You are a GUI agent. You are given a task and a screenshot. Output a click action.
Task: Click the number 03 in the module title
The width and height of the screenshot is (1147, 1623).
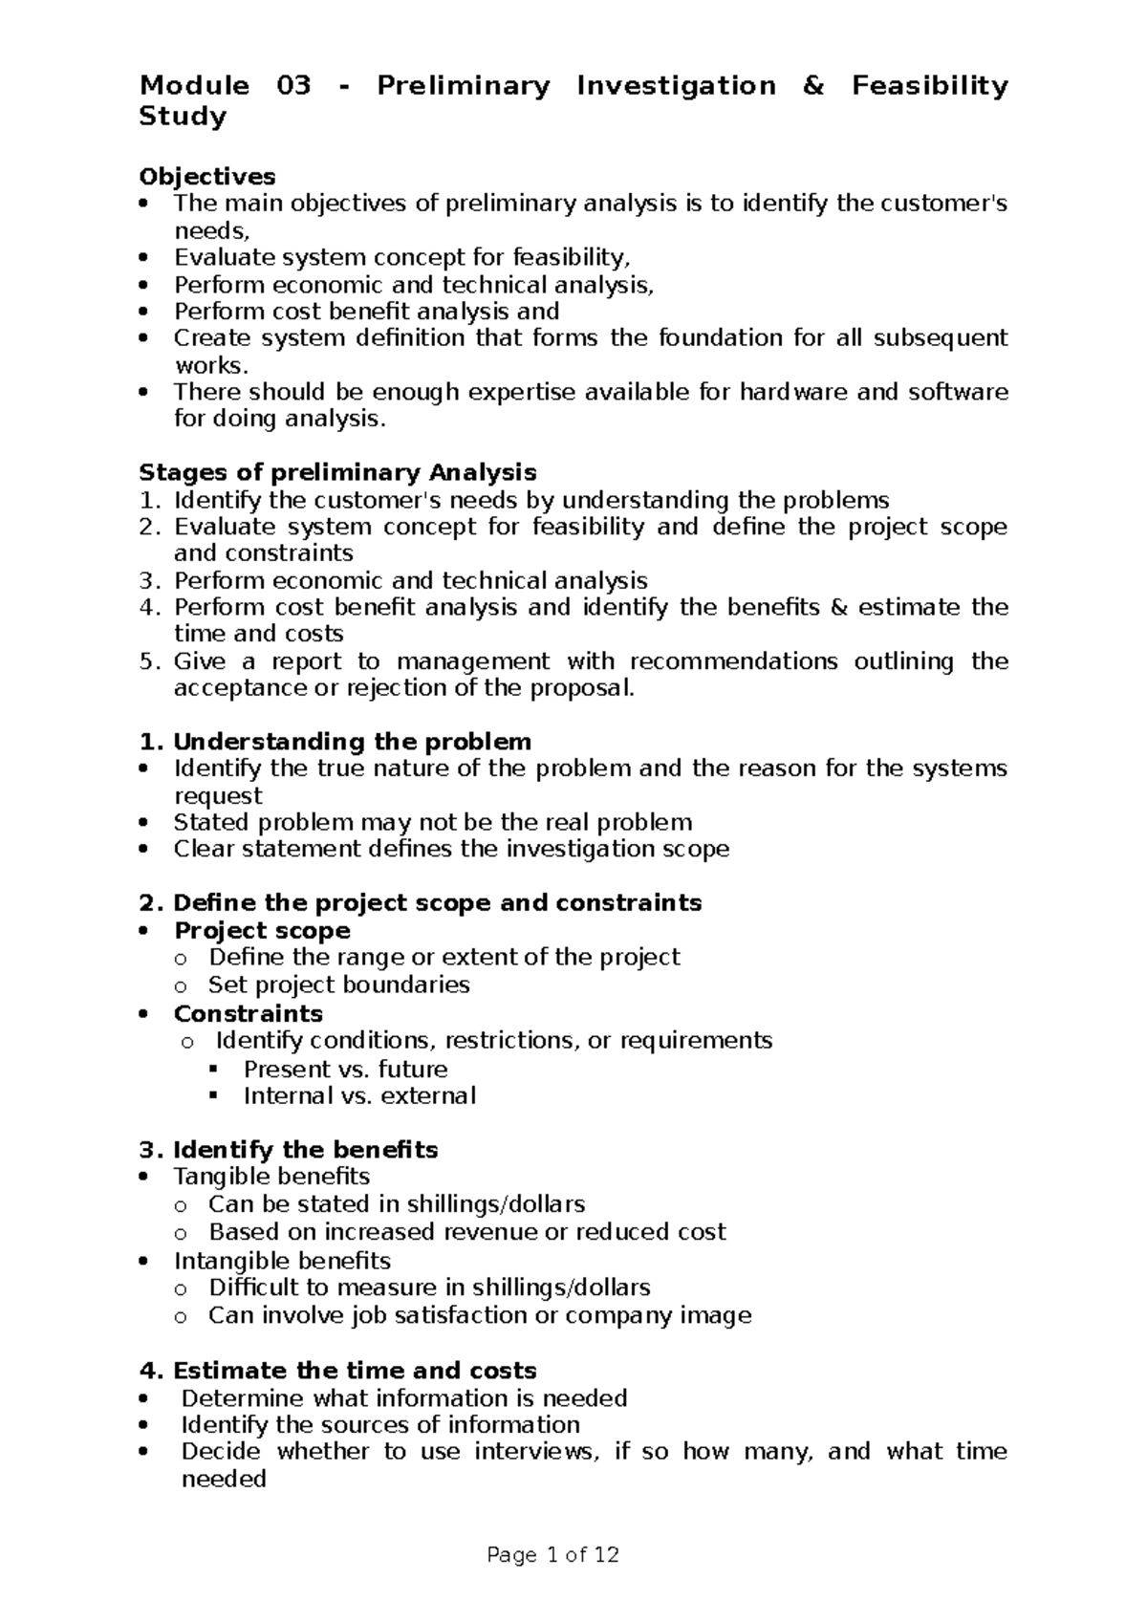pyautogui.click(x=293, y=86)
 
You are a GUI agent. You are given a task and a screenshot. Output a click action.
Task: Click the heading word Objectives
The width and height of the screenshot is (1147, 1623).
pyautogui.click(x=207, y=177)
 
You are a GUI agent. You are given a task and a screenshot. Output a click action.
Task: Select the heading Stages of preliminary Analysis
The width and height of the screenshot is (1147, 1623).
pyautogui.click(x=337, y=473)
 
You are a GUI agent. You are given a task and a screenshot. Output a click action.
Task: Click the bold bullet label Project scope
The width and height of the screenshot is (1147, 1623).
pyautogui.click(x=262, y=931)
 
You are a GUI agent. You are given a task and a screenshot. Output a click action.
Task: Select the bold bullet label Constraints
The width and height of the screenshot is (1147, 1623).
pyautogui.click(x=248, y=1013)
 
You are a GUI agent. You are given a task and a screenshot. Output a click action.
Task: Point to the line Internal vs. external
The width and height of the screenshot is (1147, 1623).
pyautogui.click(x=359, y=1096)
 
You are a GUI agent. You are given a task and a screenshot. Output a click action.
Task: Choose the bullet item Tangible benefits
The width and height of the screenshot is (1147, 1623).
pyautogui.click(x=271, y=1177)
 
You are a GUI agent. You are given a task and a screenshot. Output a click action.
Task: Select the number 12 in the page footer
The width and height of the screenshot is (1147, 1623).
pyautogui.click(x=606, y=1556)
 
